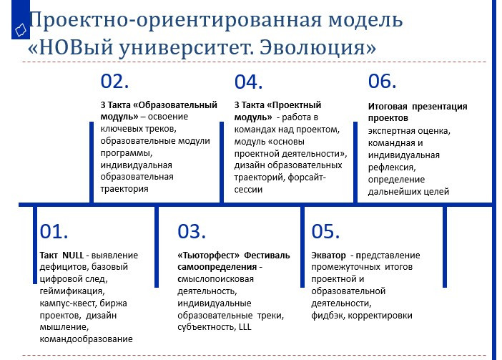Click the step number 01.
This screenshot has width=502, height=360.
[54, 231]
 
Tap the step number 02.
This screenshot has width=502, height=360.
[114, 81]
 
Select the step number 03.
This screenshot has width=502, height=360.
[192, 231]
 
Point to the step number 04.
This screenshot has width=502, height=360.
[248, 82]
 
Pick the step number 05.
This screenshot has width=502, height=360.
[325, 231]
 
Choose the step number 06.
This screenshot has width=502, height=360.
[383, 81]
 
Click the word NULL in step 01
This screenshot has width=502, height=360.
[73, 256]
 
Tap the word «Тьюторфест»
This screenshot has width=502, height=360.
[208, 256]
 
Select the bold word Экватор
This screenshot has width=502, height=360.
[328, 256]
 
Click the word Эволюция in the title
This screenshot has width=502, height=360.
[318, 47]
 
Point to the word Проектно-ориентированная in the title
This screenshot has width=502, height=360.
[175, 20]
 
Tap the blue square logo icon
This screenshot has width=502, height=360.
[21, 19]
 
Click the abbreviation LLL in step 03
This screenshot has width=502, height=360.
[245, 327]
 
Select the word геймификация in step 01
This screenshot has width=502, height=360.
[72, 291]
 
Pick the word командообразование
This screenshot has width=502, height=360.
[86, 339]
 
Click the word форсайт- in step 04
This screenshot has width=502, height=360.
[307, 177]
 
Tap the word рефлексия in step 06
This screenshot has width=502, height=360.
[392, 167]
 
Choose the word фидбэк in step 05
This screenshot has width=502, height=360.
[328, 316]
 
